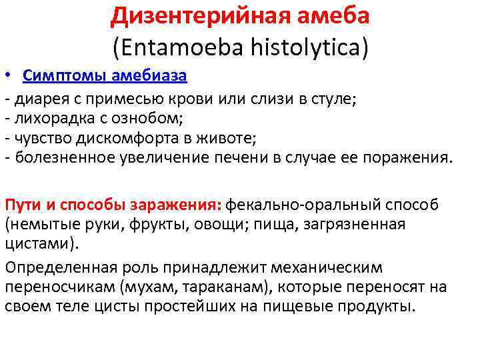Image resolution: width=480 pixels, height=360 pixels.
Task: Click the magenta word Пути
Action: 20,205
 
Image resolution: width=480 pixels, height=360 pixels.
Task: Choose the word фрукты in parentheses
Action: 145,224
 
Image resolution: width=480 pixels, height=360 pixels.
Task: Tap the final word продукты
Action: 377,307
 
